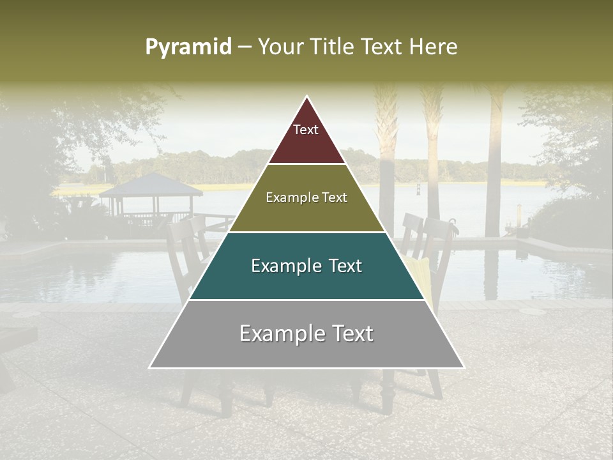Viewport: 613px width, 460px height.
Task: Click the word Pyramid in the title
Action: click(188, 47)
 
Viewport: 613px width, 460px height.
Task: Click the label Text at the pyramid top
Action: click(306, 130)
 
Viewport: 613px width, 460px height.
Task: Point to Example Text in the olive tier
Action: click(306, 198)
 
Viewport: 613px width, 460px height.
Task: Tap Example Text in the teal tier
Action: click(306, 266)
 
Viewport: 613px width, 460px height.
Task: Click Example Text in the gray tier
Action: click(306, 333)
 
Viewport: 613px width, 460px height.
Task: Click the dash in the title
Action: click(245, 47)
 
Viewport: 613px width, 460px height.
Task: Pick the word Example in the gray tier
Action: click(278, 333)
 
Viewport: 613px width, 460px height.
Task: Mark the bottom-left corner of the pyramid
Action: click(149, 367)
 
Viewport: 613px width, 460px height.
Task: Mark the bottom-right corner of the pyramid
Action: click(464, 367)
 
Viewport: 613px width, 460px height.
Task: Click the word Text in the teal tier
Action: click(342, 266)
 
